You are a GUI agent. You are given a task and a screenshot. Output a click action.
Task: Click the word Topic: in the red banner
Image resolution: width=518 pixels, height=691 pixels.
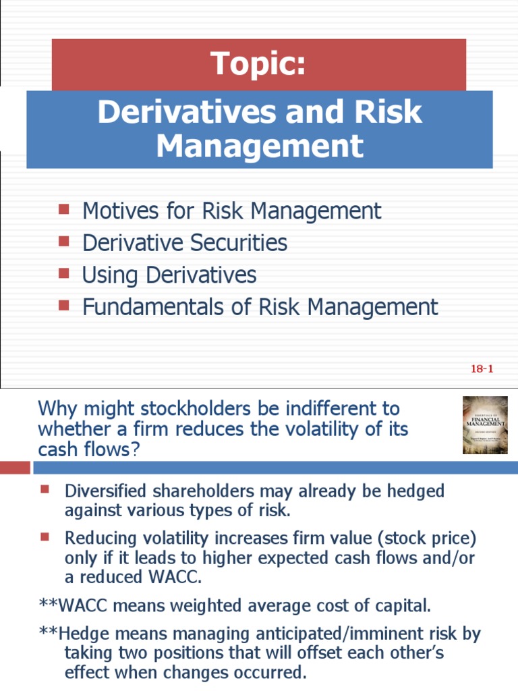pyautogui.click(x=258, y=64)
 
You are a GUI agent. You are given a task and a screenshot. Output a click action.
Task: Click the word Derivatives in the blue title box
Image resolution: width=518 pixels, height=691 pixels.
pyautogui.click(x=181, y=111)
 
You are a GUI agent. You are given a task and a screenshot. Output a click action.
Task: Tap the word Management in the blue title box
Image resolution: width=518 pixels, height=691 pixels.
pyautogui.click(x=260, y=146)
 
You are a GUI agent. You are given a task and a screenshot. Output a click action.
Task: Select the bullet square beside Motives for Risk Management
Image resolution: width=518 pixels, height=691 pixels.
pyautogui.click(x=65, y=209)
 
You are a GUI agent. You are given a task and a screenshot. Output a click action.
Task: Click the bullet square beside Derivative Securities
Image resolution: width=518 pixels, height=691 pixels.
pyautogui.click(x=65, y=241)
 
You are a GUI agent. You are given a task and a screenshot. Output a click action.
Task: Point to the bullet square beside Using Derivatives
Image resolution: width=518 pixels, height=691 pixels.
pyautogui.click(x=65, y=273)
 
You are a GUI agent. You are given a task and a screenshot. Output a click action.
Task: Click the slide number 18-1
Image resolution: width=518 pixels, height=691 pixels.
pyautogui.click(x=483, y=368)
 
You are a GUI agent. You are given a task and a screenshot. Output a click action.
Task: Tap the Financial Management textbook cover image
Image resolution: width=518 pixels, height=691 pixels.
pyautogui.click(x=484, y=425)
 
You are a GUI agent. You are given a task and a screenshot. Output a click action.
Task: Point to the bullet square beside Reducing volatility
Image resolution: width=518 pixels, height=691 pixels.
pyautogui.click(x=45, y=537)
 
